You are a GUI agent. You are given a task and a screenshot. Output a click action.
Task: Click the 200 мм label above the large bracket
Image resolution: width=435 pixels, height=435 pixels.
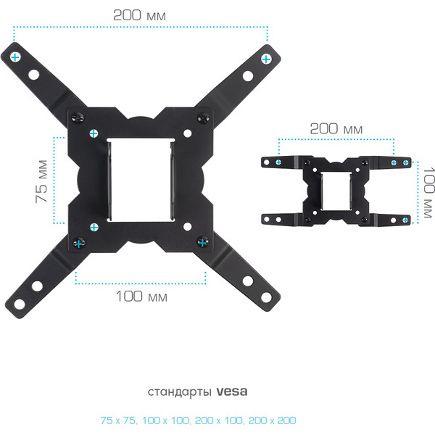pos(139,15)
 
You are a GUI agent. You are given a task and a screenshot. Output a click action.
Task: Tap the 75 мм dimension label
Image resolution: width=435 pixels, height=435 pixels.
pos(41,181)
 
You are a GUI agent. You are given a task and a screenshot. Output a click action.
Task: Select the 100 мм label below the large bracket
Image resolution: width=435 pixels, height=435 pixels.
pos(141,297)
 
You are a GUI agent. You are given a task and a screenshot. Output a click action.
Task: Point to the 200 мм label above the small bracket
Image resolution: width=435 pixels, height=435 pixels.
pos(336,129)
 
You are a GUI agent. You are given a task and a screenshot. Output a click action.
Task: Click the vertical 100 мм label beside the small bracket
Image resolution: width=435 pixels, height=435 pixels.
pos(428,192)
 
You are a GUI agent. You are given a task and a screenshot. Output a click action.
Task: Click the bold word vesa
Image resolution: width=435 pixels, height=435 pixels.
pos(232,391)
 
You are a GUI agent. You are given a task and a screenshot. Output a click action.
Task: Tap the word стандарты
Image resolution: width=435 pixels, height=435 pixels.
pos(180,392)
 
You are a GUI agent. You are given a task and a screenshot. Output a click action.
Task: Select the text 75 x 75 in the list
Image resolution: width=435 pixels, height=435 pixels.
pos(118,420)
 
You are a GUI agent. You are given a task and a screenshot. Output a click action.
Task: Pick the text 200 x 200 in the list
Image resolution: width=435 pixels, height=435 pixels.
pos(272,420)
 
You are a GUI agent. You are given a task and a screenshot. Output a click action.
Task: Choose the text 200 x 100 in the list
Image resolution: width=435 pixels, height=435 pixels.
pos(219,420)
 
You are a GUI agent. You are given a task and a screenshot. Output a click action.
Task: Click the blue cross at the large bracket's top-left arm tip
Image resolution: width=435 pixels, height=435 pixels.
pos(15,57)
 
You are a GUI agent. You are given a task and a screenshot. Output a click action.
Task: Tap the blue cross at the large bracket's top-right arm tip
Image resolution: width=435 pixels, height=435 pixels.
pos(266,59)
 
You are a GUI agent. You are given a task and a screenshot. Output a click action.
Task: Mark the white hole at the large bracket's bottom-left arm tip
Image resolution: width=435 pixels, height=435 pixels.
pos(19,304)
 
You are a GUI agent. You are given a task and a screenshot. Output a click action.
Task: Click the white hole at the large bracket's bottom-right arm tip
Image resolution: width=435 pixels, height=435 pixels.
pos(266,297)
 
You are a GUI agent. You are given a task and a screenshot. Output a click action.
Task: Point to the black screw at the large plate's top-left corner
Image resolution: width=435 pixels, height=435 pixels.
pos(78,117)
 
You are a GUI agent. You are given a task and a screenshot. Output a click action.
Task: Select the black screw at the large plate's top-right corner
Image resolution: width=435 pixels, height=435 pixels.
pos(203,118)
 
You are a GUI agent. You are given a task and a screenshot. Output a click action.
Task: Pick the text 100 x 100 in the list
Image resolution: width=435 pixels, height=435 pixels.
pos(166,420)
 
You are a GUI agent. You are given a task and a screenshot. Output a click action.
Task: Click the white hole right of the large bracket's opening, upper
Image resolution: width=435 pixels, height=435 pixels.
pos(188,133)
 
